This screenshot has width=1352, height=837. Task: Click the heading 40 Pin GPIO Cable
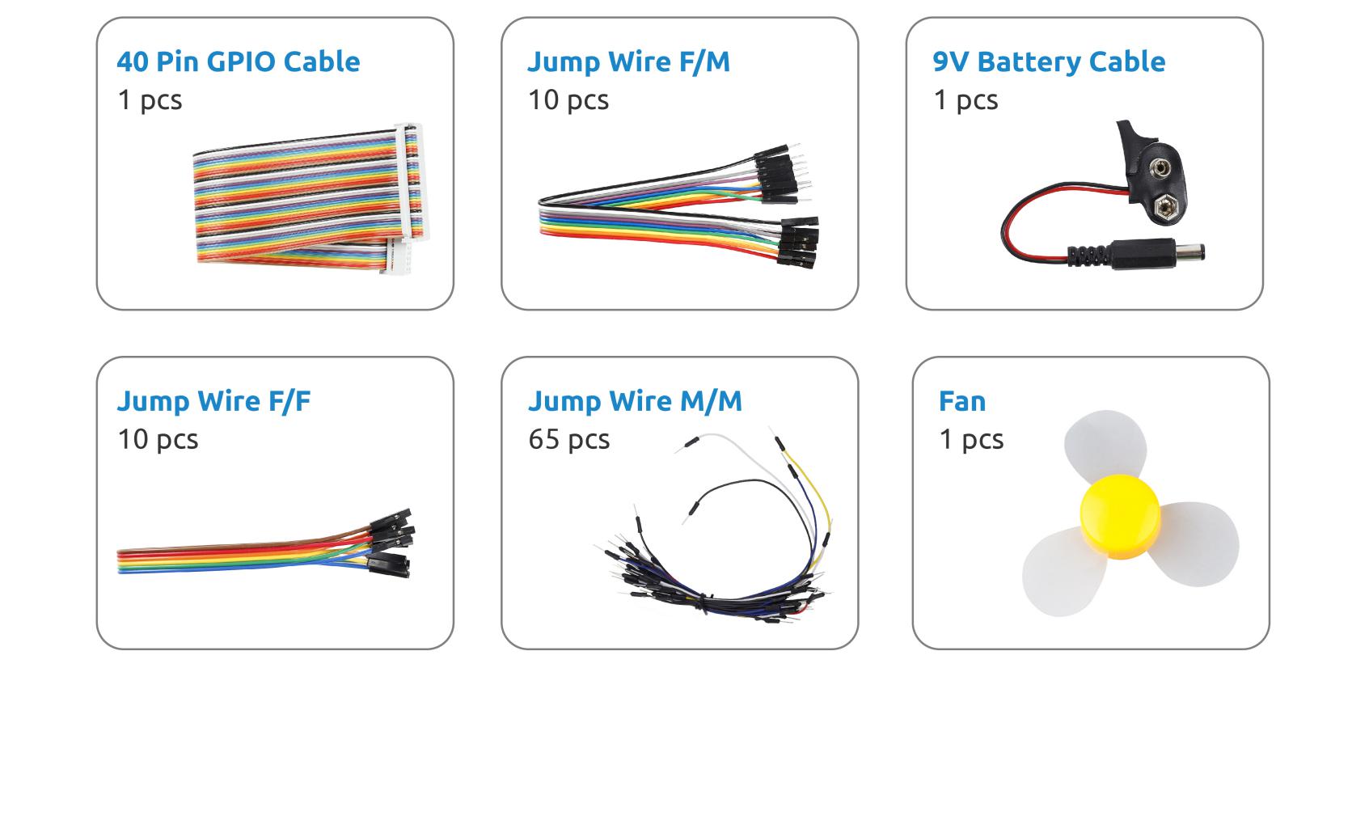pos(238,61)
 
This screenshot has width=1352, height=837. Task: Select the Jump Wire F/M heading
pos(628,61)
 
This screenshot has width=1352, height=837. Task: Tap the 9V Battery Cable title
pos(1049,61)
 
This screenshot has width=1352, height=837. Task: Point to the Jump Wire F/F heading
pos(213,401)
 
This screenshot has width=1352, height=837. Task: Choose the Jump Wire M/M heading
pos(635,401)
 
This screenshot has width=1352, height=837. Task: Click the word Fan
pos(962,401)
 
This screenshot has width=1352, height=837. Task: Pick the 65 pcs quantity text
pos(568,439)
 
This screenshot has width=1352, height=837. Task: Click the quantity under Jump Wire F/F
pos(158,439)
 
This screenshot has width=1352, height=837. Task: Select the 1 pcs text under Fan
pos(971,439)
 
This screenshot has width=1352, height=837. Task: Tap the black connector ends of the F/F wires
pos(392,542)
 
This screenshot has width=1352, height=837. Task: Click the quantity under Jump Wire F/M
pos(568,100)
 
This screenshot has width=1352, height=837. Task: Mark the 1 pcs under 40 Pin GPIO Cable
pos(150,100)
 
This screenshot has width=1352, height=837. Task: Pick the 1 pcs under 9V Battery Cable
pos(965,100)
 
